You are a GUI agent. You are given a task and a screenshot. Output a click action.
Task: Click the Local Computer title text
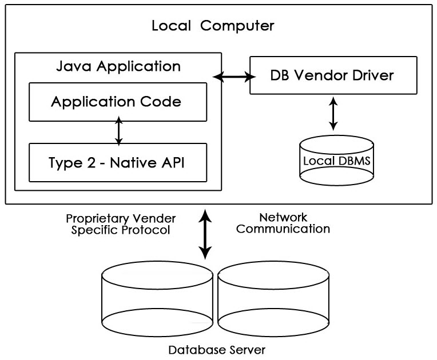(213, 26)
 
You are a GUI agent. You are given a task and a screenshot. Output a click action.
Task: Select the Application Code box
(117, 102)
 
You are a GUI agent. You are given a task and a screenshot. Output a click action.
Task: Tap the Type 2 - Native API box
(117, 162)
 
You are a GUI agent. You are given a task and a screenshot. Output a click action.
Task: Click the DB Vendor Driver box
(332, 75)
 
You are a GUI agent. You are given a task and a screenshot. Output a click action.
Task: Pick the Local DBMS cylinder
(336, 160)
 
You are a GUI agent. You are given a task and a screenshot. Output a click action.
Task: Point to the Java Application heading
(118, 66)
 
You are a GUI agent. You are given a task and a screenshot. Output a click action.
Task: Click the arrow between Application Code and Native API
(118, 131)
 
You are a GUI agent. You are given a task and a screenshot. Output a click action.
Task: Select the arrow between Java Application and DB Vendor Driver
(235, 76)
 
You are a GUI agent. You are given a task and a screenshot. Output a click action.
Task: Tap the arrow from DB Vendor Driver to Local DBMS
(333, 114)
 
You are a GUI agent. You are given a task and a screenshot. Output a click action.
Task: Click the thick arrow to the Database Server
(204, 234)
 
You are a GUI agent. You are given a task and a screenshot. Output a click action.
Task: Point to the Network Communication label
(283, 223)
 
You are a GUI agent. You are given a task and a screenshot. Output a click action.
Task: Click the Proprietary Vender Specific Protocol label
(121, 224)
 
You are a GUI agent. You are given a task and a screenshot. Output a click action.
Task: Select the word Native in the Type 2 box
(134, 162)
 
